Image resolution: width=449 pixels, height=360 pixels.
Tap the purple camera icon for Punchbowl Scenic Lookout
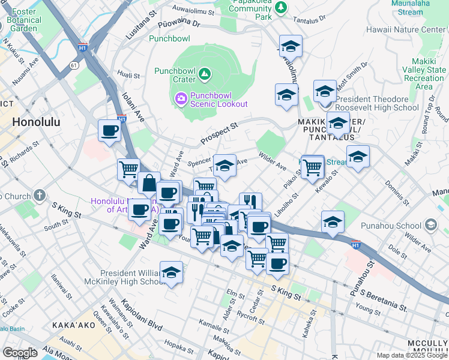coord(180,98)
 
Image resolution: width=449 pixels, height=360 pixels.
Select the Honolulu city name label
coord(36,121)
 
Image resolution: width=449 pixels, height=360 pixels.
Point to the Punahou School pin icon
coord(430,226)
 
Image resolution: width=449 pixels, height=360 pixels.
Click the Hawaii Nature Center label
coord(414,29)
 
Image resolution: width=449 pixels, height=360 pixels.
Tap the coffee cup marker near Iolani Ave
coord(110,130)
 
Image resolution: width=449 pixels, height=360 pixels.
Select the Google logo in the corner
coord(19,353)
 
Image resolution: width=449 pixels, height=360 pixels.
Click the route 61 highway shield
coord(74,65)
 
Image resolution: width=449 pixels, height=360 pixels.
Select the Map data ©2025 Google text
coord(412,355)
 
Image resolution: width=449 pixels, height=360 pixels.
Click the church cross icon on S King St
coord(40,195)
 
